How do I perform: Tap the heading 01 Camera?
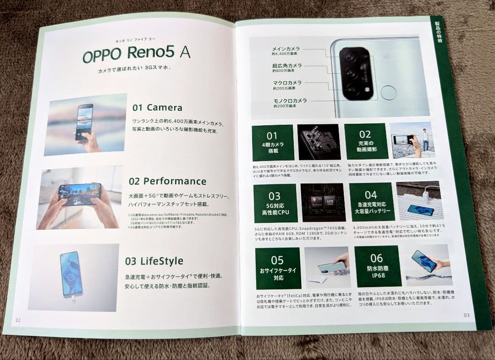tap(157, 108)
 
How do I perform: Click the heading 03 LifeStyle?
tap(154, 261)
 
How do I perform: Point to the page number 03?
tap(467, 315)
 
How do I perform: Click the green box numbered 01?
tap(273, 142)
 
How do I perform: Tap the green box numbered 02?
tap(366, 140)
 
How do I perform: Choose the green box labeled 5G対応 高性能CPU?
tap(275, 203)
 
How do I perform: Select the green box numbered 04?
tap(371, 202)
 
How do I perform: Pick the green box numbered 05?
tap(278, 268)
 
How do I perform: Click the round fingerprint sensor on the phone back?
tap(389, 93)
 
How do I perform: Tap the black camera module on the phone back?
tap(357, 73)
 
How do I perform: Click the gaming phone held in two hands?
tap(80, 194)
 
